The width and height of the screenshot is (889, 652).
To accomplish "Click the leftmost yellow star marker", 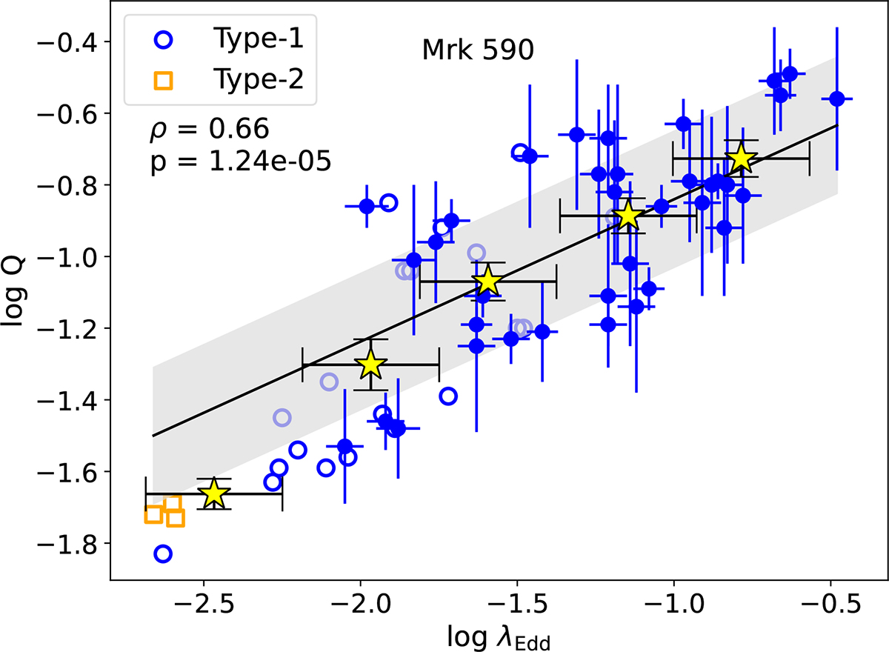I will point(214,494).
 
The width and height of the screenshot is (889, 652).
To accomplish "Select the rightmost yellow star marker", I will point(741,158).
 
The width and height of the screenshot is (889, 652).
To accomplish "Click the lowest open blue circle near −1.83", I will point(163,553).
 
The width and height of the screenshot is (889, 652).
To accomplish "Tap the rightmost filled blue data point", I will point(837,99).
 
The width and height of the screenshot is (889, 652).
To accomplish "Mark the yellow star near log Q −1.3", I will point(371,365).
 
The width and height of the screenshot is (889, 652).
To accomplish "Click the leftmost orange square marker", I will point(153,515).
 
